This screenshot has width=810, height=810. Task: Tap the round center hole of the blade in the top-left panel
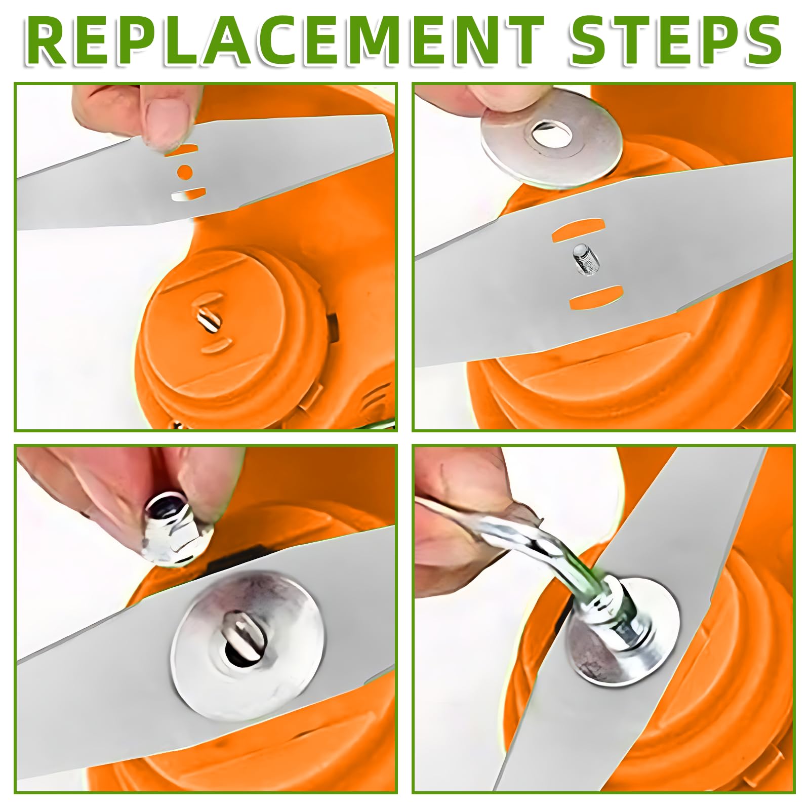coord(185,172)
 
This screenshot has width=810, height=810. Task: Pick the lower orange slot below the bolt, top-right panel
coord(594,298)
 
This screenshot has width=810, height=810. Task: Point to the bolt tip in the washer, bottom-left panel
coord(240,636)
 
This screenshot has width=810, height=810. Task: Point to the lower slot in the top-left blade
coord(188,194)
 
